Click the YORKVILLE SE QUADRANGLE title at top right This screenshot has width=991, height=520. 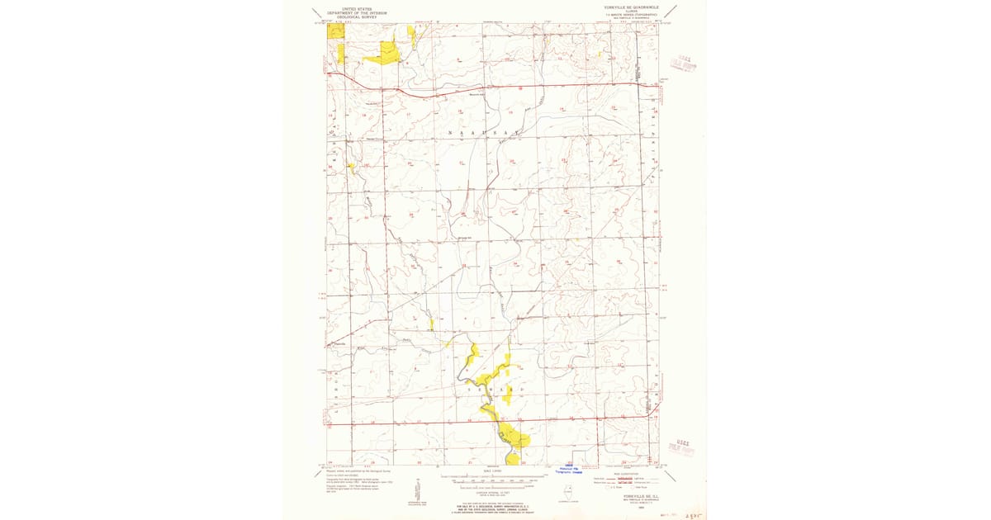(x=632, y=7)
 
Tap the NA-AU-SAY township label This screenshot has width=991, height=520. (x=485, y=132)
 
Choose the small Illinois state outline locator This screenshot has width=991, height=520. (x=569, y=491)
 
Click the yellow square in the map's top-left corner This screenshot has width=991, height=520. (x=335, y=31)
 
